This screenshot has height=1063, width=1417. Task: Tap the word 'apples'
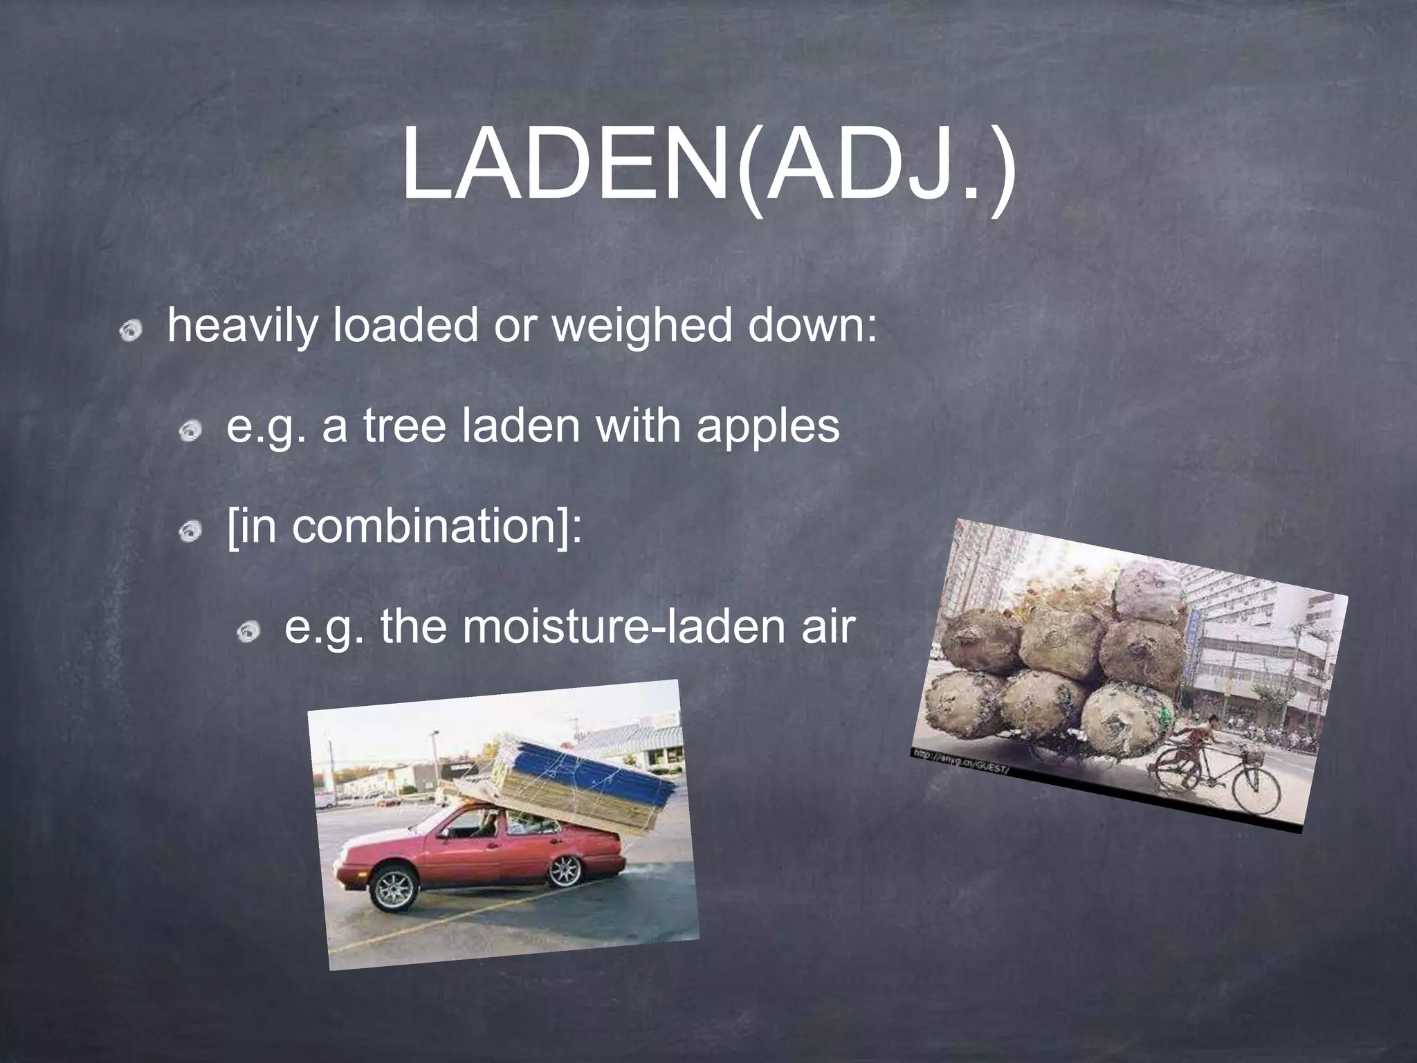(x=768, y=428)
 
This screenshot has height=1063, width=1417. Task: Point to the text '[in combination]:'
(x=405, y=527)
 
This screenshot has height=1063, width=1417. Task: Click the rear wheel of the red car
(x=565, y=869)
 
